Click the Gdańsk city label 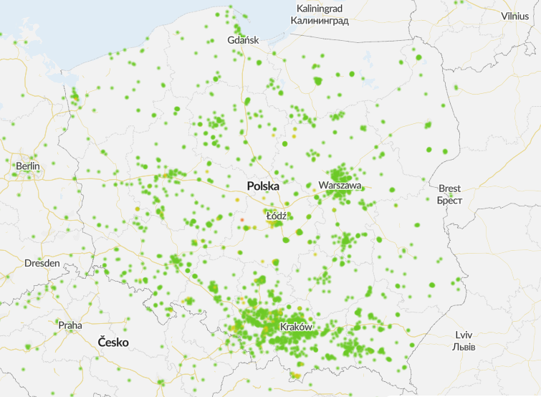point(243,40)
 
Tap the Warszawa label point(340,185)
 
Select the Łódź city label point(276,215)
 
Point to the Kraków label point(297,327)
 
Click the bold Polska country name point(263,186)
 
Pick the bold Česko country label point(113,343)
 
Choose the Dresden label point(42,263)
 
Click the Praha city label point(70,325)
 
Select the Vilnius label point(515,16)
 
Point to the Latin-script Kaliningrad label point(320,8)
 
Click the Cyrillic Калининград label point(320,20)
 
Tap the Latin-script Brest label point(450,188)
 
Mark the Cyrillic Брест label point(450,200)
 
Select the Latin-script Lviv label point(464,335)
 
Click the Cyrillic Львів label point(464,346)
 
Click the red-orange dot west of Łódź point(242,219)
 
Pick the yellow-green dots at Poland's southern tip point(296,375)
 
